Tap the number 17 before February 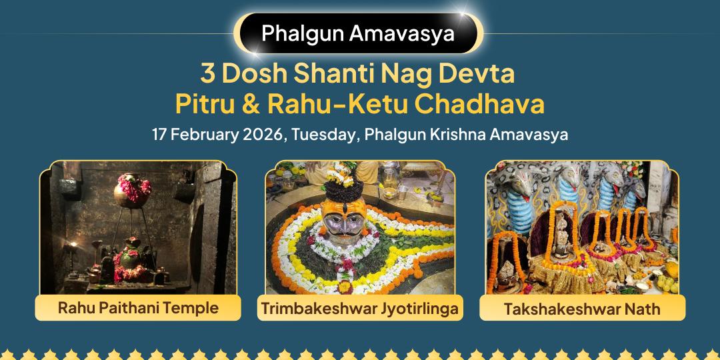[x=159, y=134]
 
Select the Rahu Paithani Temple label [x=139, y=308]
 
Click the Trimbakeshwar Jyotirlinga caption [x=360, y=308]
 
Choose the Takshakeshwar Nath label [x=582, y=308]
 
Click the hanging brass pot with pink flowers [x=131, y=189]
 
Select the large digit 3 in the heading [x=207, y=73]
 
